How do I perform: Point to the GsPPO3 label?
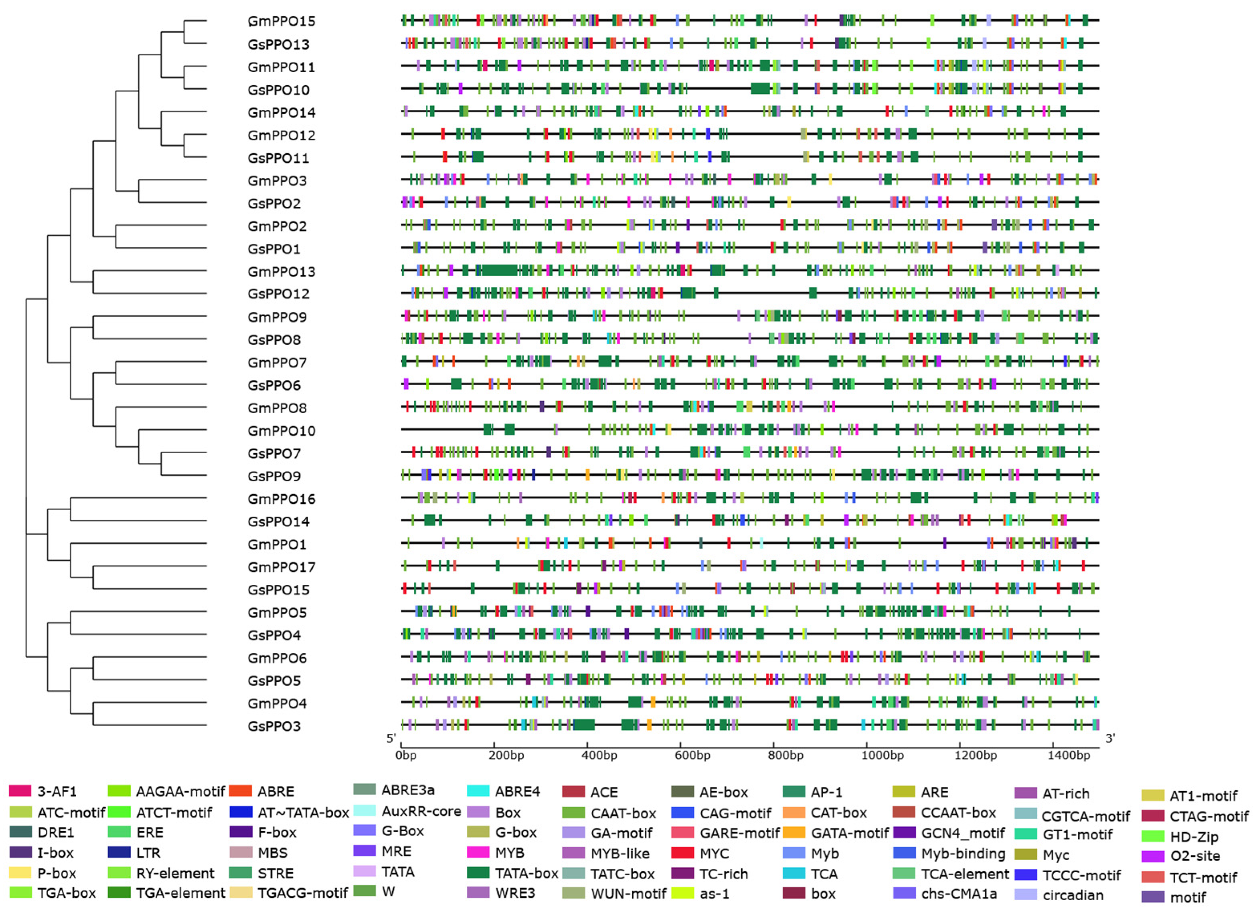[274, 726]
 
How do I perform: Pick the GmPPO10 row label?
[281, 430]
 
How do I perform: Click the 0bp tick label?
[407, 755]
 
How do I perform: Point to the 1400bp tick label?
[1068, 755]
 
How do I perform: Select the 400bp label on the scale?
[599, 755]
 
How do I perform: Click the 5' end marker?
[391, 738]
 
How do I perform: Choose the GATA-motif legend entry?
[849, 832]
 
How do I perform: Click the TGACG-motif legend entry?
[302, 893]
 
